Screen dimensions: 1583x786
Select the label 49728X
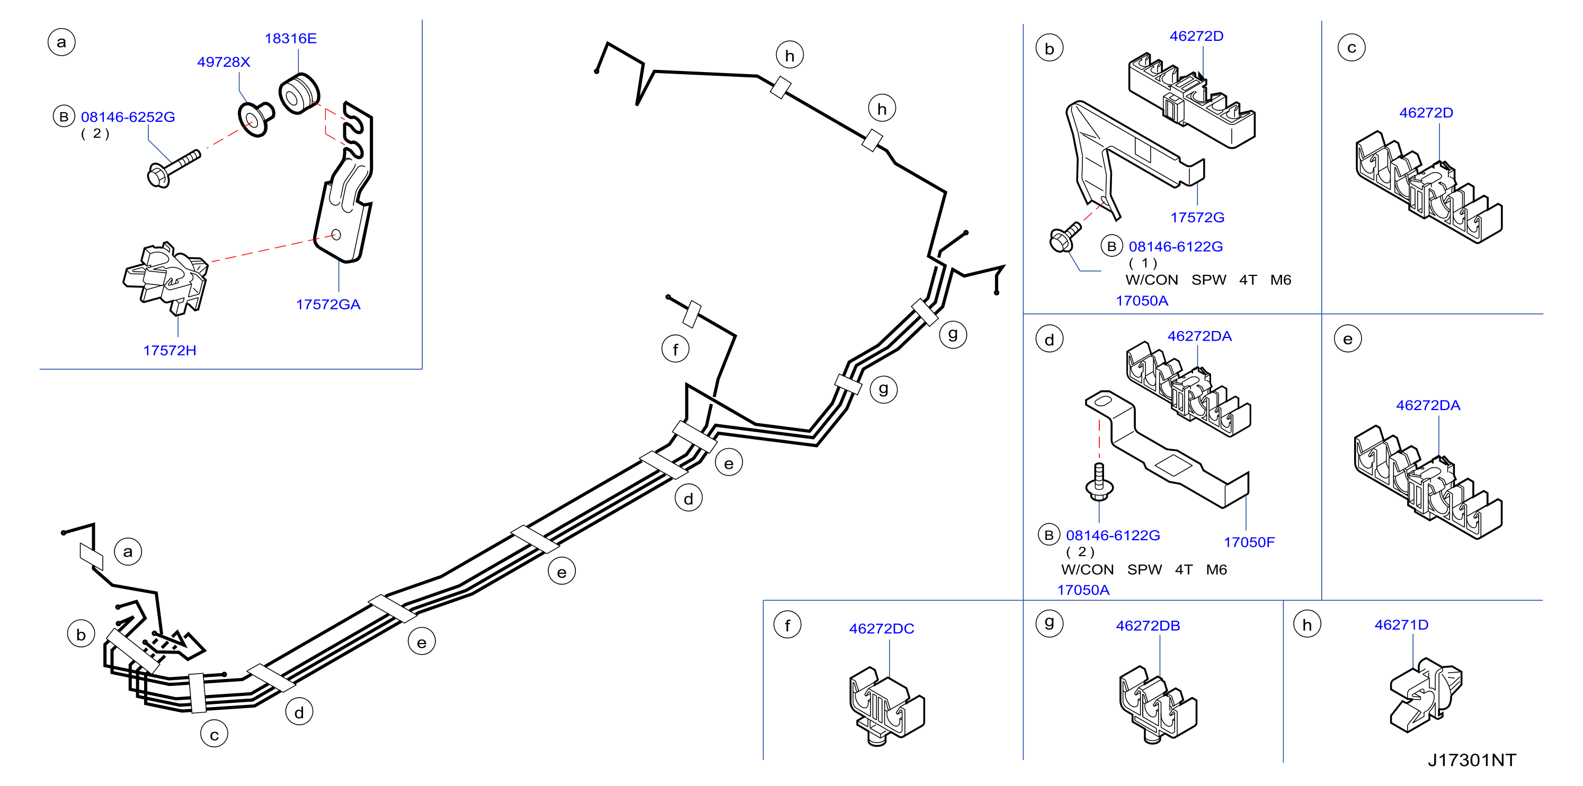224,62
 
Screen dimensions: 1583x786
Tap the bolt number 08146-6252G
128,117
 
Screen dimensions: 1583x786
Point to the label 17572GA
328,304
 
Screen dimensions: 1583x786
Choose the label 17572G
1197,218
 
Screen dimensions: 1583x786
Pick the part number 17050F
1249,542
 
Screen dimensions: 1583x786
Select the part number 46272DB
1148,626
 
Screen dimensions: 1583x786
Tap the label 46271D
1401,625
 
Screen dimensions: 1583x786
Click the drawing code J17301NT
1472,760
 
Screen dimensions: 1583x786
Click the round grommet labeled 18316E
299,93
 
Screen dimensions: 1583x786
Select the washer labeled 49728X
256,119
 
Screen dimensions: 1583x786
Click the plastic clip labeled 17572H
166,278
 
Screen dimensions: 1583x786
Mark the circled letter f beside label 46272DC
787,626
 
